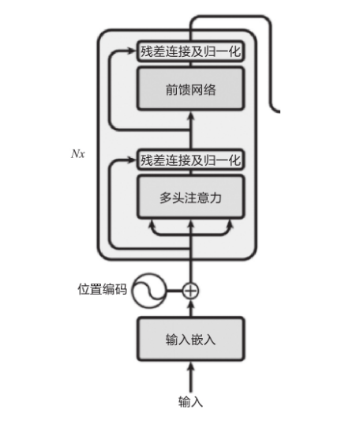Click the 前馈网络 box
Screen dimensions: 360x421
(x=190, y=89)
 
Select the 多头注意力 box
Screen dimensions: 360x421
(x=190, y=197)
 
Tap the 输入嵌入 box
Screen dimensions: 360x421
(x=190, y=339)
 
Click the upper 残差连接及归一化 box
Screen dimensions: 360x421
(x=190, y=51)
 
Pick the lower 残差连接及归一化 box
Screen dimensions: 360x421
(x=190, y=160)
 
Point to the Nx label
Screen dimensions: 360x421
(x=78, y=154)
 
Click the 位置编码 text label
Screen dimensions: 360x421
(x=102, y=289)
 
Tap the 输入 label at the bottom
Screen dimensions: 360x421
(x=190, y=402)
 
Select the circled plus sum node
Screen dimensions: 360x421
(x=190, y=291)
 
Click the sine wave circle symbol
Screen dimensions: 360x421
(x=149, y=291)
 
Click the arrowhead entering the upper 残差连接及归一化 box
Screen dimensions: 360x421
(x=132, y=51)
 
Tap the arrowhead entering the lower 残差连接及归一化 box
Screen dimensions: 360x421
(x=132, y=160)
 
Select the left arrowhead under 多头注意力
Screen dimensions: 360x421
(x=152, y=224)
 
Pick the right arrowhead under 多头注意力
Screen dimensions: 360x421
(x=230, y=224)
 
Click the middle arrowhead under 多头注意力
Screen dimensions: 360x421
(x=190, y=224)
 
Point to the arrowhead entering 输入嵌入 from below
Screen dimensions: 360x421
(x=190, y=366)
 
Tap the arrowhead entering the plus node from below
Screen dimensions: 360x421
(x=190, y=304)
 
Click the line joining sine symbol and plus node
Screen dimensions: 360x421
(x=174, y=291)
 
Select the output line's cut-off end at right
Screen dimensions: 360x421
(x=279, y=111)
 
